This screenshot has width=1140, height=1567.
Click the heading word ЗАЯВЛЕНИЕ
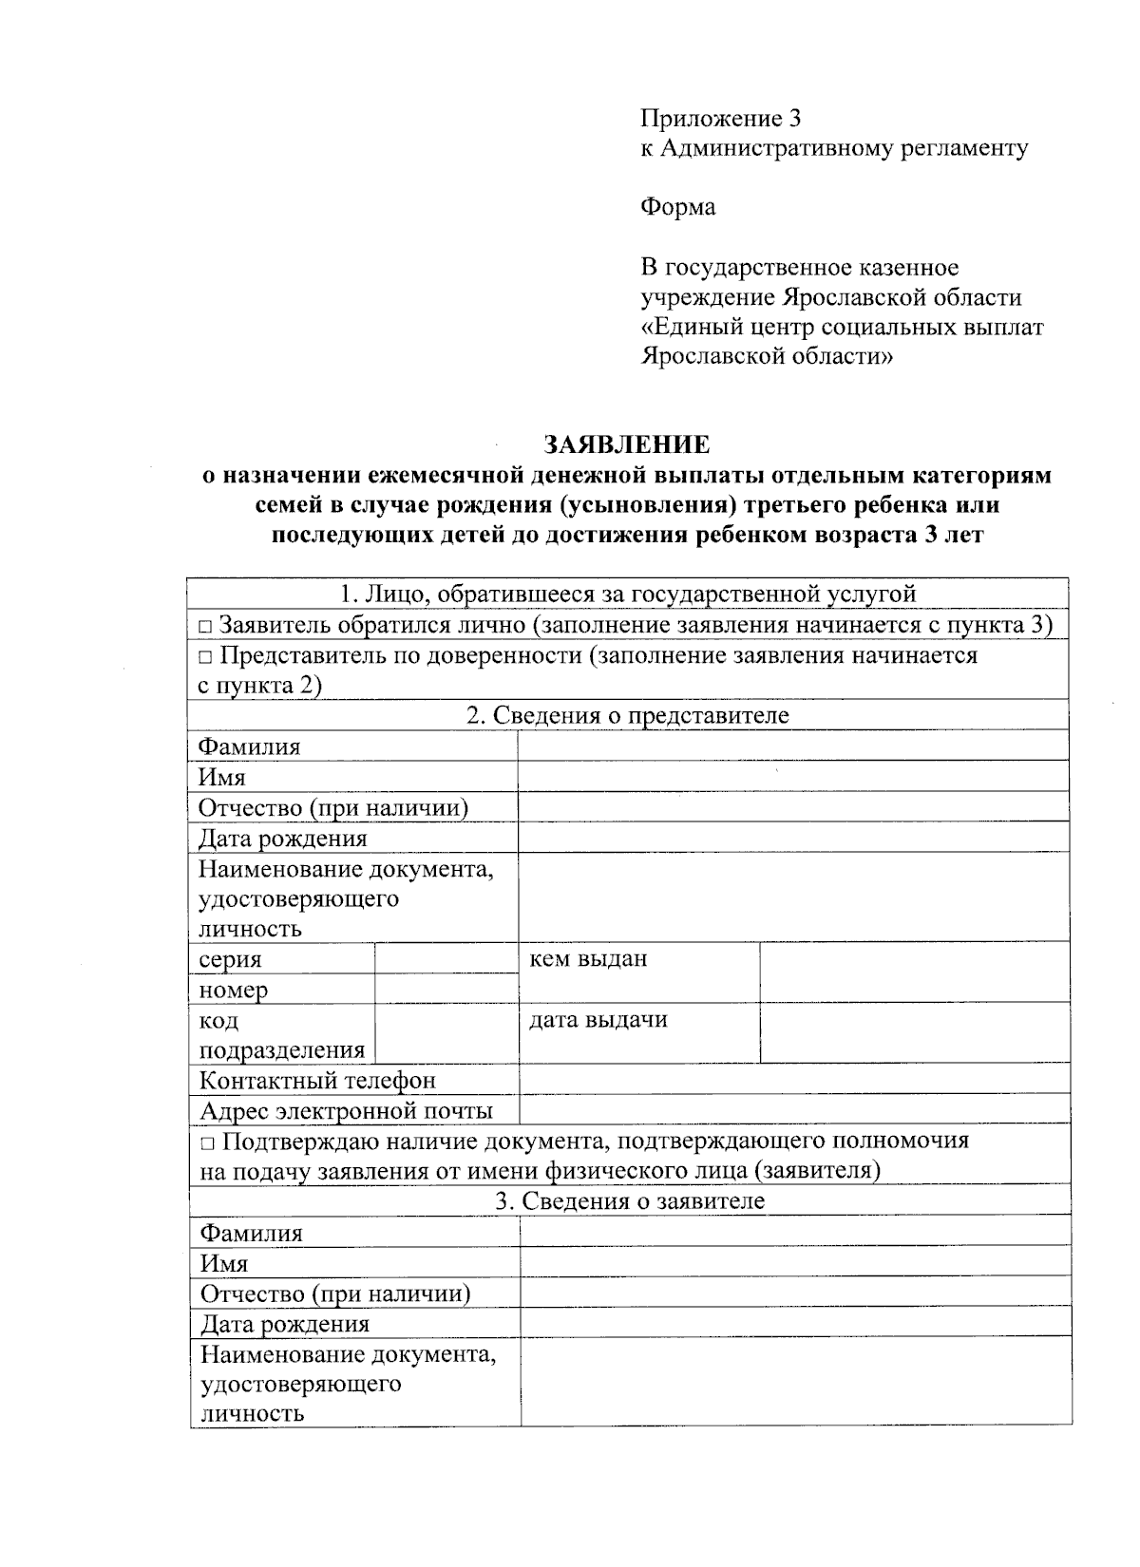point(626,444)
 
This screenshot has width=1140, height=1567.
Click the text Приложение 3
point(721,119)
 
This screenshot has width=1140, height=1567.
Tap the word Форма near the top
point(677,207)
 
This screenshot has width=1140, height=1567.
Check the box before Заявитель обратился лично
point(205,627)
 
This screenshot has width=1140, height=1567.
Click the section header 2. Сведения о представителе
point(627,715)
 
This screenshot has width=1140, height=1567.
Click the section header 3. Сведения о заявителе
point(629,1201)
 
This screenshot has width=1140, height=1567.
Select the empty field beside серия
point(446,958)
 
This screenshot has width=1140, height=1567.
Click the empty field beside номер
point(446,989)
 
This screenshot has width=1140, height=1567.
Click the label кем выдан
point(588,959)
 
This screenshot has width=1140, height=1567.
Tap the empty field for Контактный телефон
point(793,1080)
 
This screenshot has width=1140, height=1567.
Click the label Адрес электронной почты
point(346,1110)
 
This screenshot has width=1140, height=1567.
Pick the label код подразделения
point(281,1035)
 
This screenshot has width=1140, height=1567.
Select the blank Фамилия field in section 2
point(793,746)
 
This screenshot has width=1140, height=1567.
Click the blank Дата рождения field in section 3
point(795,1323)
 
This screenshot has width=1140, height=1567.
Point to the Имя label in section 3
point(223,1263)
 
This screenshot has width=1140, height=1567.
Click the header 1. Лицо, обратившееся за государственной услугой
point(627,595)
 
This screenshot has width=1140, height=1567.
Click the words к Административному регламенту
point(833,148)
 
